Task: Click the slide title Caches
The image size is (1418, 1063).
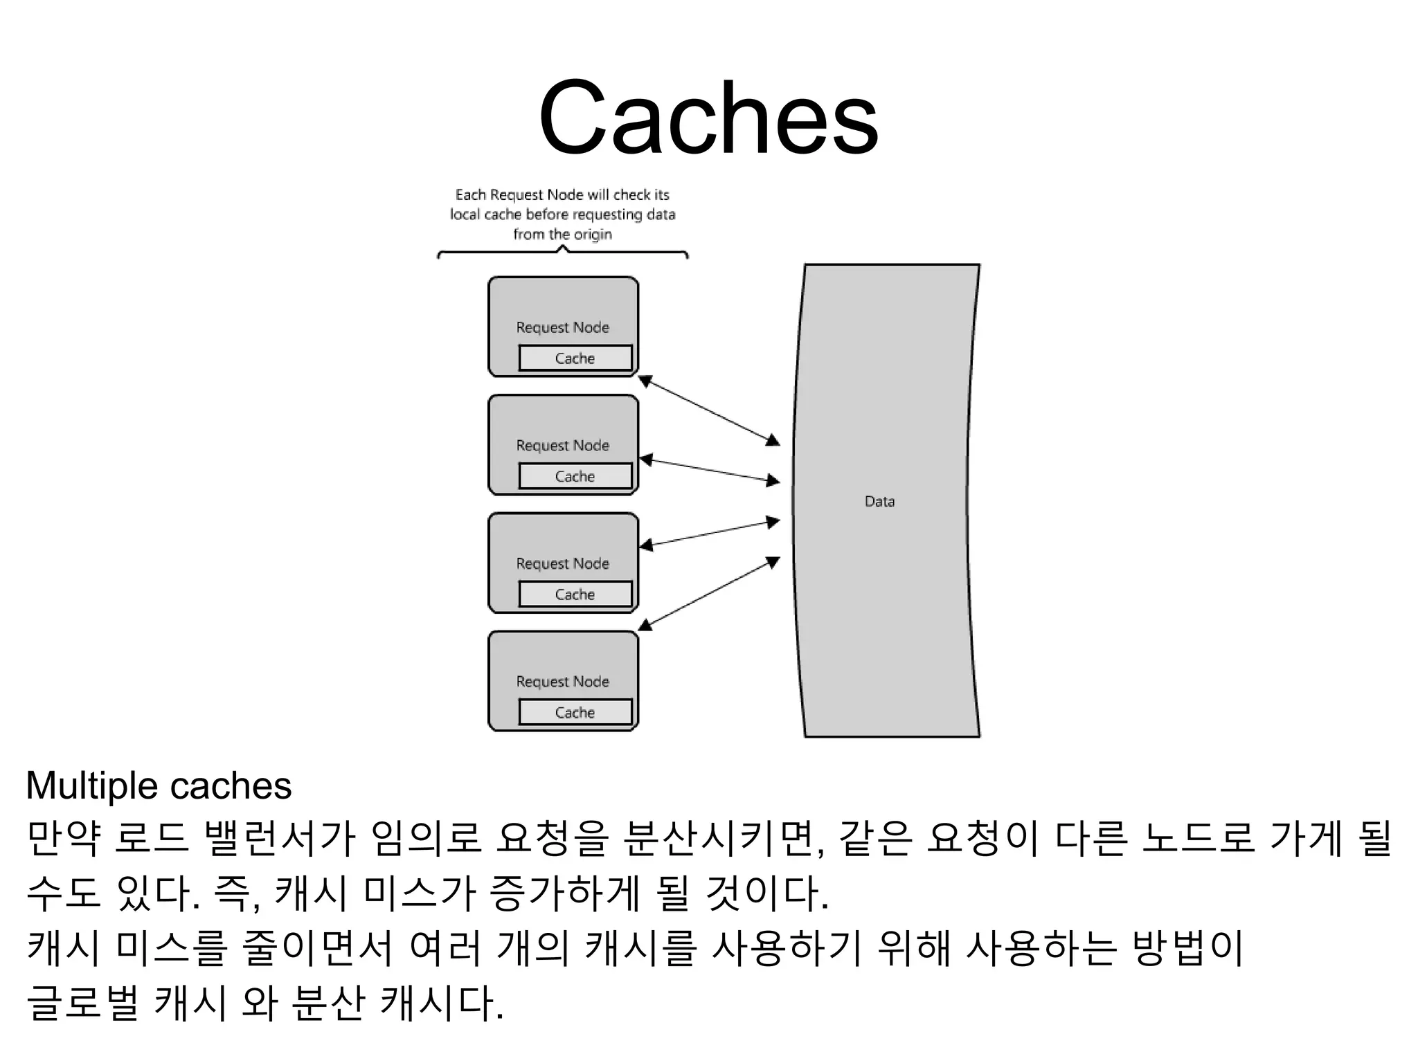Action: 708,118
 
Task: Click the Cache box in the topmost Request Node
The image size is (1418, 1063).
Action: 575,358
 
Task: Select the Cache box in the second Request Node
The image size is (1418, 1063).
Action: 575,476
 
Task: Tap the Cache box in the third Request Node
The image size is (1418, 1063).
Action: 575,594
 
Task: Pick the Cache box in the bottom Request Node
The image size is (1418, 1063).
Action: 575,712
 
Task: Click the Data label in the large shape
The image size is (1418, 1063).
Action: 879,502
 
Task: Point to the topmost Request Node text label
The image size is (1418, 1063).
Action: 562,327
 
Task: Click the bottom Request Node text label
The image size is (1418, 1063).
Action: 562,682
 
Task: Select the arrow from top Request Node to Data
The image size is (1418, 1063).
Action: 709,410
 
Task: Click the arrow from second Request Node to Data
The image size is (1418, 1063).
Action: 709,470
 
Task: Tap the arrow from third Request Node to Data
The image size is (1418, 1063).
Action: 709,534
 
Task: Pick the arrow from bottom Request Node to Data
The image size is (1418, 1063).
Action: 709,594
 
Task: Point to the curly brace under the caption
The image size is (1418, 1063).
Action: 562,253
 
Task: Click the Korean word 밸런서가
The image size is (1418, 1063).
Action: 280,838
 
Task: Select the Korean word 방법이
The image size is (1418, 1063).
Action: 1188,947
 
